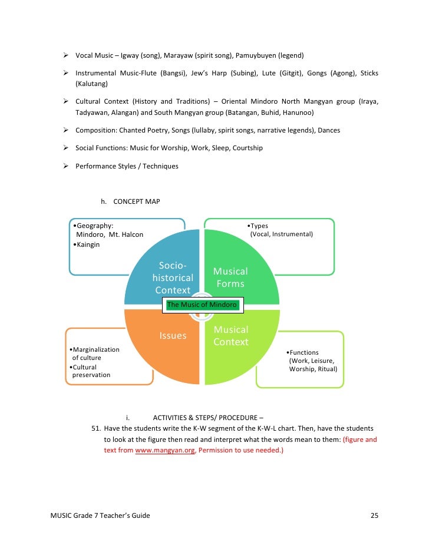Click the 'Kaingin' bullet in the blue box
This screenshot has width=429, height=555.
point(87,245)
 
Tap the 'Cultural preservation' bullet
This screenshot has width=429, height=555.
point(91,371)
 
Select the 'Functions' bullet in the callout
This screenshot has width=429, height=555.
point(303,352)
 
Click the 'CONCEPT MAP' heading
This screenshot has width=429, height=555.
point(136,201)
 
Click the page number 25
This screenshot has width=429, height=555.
point(374,516)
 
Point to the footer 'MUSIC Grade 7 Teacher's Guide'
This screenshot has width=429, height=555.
point(100,516)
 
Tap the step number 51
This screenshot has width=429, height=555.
point(95,428)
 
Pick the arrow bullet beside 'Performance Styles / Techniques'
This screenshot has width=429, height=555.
point(67,166)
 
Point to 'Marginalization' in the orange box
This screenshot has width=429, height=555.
point(95,349)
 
